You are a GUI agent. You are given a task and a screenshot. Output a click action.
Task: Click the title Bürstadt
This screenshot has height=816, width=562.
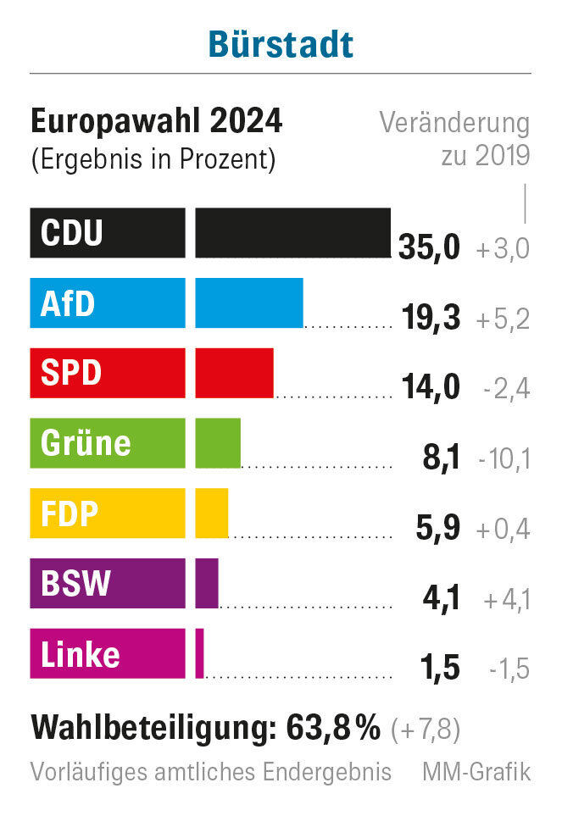tap(281, 44)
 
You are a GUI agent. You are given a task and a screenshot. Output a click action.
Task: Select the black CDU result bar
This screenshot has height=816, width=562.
tap(292, 232)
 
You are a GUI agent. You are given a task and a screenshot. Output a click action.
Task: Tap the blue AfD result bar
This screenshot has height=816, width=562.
tap(249, 303)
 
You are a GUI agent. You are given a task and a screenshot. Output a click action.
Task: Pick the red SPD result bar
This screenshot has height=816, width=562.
tap(234, 373)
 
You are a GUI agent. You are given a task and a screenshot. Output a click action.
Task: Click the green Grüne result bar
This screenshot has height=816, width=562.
tap(218, 443)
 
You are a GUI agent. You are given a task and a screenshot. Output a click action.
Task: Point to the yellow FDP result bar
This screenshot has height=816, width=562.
tap(212, 513)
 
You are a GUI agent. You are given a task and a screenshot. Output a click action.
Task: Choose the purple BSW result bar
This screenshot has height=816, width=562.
tap(207, 583)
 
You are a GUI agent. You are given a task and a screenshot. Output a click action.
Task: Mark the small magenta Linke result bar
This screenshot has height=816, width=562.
tap(200, 653)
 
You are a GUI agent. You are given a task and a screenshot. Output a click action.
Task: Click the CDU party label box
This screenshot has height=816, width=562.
tap(108, 232)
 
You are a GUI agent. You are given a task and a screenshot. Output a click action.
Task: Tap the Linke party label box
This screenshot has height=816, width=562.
tap(108, 653)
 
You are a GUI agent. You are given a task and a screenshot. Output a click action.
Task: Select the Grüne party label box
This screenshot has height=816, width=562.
tap(108, 443)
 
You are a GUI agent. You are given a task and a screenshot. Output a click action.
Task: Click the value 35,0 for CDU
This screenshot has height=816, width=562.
tap(429, 247)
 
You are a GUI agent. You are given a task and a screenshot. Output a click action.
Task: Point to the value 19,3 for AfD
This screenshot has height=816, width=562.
tap(431, 318)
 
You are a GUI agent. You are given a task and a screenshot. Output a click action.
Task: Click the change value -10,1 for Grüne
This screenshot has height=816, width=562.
tap(504, 458)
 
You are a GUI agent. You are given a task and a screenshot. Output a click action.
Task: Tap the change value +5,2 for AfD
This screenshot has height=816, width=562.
tap(503, 319)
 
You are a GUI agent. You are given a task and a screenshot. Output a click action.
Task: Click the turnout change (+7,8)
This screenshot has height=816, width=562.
tap(426, 729)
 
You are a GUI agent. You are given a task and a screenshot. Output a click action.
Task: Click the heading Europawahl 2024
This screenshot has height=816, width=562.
tap(157, 122)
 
